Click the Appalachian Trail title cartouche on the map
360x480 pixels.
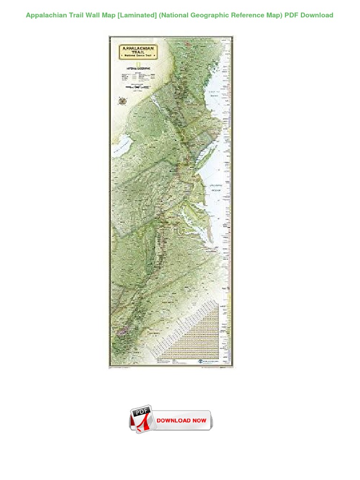point(139,52)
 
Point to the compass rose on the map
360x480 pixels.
point(123,100)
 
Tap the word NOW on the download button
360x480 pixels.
point(199,420)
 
